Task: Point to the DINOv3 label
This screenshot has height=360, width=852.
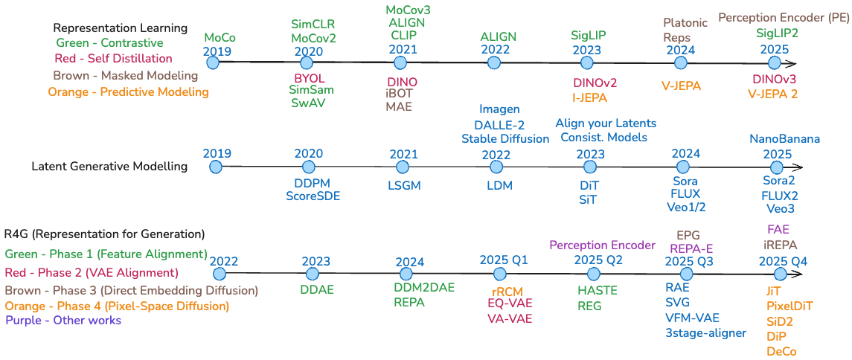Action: [x=774, y=80]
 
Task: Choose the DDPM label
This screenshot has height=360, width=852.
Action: [x=312, y=183]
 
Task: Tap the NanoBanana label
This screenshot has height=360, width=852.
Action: [x=784, y=139]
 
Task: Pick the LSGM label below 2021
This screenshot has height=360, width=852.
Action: [x=404, y=185]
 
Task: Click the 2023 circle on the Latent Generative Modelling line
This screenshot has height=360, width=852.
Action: [x=589, y=167]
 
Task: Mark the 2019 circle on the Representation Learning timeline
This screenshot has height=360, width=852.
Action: [x=214, y=63]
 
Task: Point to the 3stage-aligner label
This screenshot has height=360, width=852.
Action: [x=705, y=332]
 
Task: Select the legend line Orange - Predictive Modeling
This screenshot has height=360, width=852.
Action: [x=128, y=92]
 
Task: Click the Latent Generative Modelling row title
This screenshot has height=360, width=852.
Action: [x=109, y=167]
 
